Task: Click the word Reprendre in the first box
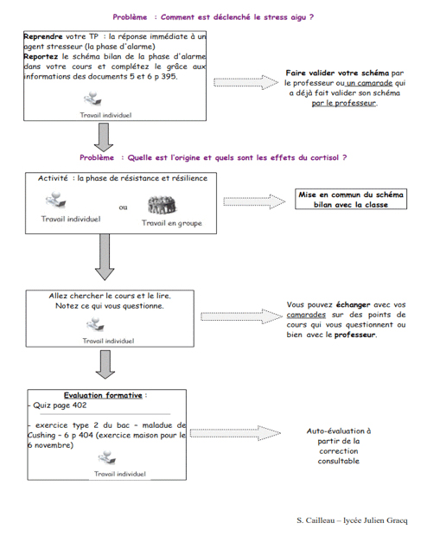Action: (x=43, y=36)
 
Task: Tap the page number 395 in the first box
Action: (x=169, y=76)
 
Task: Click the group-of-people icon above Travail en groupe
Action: (x=162, y=205)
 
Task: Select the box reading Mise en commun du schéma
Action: (x=351, y=199)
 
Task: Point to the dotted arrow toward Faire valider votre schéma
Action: (x=245, y=82)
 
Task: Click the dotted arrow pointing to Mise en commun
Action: (x=254, y=201)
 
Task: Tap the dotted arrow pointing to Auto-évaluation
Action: (x=235, y=433)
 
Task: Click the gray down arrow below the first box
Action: (x=104, y=137)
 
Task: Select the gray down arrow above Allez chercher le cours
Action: (x=105, y=257)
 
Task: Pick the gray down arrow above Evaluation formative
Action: (x=105, y=365)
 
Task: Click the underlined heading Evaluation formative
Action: (x=103, y=395)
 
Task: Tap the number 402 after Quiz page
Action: (x=80, y=405)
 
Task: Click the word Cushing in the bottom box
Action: (x=41, y=436)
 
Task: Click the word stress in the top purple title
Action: (x=275, y=17)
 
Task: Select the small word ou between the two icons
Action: (x=123, y=207)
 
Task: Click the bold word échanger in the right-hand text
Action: (x=354, y=304)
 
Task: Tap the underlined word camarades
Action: (x=306, y=315)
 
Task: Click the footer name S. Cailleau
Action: (x=315, y=520)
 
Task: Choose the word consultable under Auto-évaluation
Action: (x=339, y=461)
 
